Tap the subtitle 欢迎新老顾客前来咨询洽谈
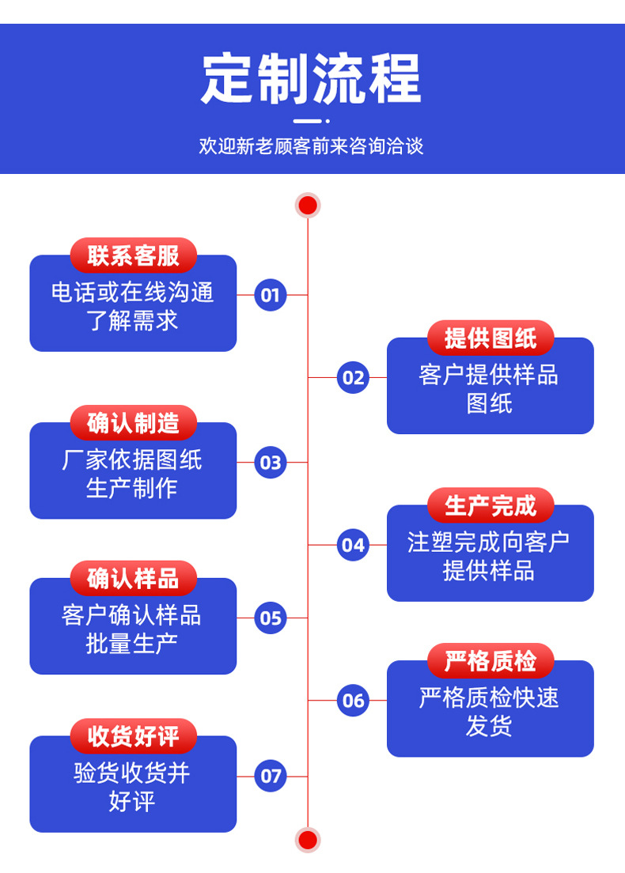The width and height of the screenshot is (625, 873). click(x=311, y=146)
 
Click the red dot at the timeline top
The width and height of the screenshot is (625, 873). click(x=308, y=206)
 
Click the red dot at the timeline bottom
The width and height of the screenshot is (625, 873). click(x=308, y=839)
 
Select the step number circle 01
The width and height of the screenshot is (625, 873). click(x=271, y=295)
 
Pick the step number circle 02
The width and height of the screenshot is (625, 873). click(x=354, y=377)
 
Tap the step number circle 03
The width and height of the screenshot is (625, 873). click(x=271, y=463)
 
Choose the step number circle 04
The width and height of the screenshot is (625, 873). click(x=354, y=545)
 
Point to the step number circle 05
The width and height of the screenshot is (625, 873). click(x=271, y=618)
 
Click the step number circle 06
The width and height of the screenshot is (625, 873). click(x=354, y=700)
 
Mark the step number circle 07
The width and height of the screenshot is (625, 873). click(x=271, y=776)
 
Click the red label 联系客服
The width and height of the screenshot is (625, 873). click(x=133, y=256)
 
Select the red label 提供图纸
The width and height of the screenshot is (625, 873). click(x=491, y=338)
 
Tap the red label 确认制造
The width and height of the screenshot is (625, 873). click(x=133, y=423)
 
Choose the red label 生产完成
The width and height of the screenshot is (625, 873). click(x=491, y=505)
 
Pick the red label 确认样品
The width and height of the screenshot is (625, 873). click(x=133, y=579)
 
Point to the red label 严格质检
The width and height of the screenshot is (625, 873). click(x=491, y=661)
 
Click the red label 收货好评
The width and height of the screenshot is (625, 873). click(x=133, y=737)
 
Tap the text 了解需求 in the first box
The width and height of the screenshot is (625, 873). click(x=133, y=321)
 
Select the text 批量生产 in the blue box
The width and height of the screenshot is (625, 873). click(x=133, y=644)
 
